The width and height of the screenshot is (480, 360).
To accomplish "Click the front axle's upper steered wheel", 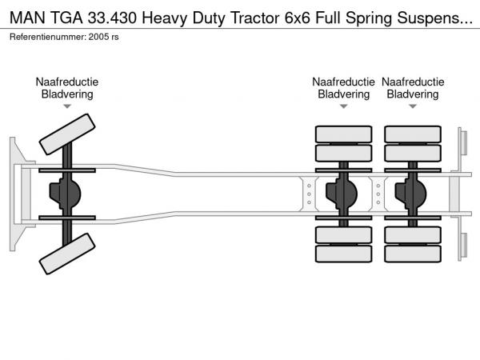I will click(67, 134).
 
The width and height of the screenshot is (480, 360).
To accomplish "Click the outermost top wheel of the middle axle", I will click(344, 134).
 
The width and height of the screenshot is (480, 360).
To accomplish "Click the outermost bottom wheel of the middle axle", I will click(344, 254).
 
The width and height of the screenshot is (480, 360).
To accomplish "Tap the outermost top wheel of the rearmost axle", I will click(413, 134).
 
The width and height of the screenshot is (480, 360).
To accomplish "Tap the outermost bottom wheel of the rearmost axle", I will click(413, 254).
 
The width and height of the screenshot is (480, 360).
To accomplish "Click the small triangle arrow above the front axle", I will click(67, 106).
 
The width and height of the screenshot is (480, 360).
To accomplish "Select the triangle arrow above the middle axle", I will click(344, 106).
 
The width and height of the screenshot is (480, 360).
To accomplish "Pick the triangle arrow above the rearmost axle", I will click(413, 106).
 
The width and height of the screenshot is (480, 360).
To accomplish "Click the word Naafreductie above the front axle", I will click(67, 82).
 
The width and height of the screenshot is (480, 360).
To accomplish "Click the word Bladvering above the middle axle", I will click(344, 94).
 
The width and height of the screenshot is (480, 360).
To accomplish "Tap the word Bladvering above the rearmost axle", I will click(413, 94).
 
